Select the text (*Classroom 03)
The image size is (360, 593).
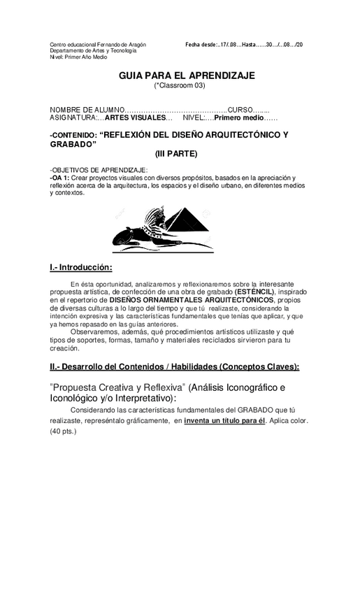[x=179, y=85]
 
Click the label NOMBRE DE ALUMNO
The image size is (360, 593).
[x=86, y=110]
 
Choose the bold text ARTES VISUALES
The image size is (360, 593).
[x=135, y=117]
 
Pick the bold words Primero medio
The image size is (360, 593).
[x=238, y=117]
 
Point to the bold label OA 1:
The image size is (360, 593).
[x=59, y=178]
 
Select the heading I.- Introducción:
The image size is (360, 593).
[x=81, y=267]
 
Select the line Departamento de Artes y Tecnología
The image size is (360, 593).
[x=93, y=50]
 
